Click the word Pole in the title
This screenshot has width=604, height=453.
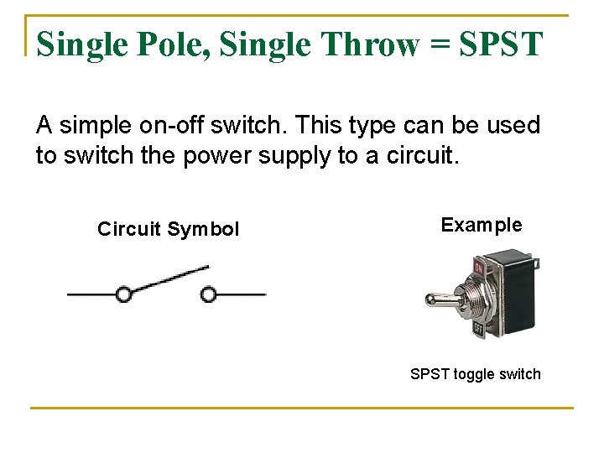click(172, 44)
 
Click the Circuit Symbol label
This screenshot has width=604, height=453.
click(168, 229)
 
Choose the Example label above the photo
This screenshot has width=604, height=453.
click(481, 225)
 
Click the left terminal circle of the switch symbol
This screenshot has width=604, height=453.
click(123, 294)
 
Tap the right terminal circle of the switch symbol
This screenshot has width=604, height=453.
click(209, 294)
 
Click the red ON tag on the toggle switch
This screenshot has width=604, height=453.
click(479, 269)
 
